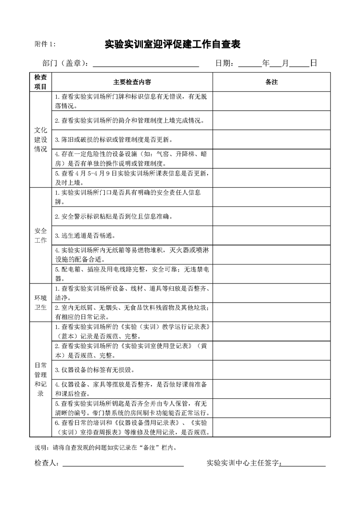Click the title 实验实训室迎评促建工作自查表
click(x=173, y=44)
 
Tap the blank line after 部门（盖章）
click(x=146, y=64)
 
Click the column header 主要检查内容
click(x=132, y=82)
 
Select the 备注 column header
click(x=271, y=82)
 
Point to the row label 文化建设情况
click(x=40, y=139)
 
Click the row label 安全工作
click(x=40, y=235)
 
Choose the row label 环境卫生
click(x=40, y=303)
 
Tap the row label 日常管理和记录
click(x=40, y=379)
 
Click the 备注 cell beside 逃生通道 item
click(x=271, y=235)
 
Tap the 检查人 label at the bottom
click(x=47, y=463)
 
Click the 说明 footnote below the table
click(x=105, y=447)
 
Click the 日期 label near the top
click(x=225, y=64)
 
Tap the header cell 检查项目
click(x=40, y=82)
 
